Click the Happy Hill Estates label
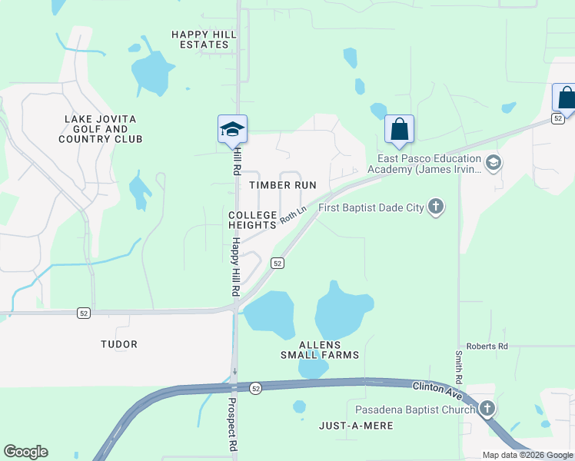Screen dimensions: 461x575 200,39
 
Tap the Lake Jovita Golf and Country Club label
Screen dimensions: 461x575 101,129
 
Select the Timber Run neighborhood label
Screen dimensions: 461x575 283,185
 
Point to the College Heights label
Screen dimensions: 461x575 252,220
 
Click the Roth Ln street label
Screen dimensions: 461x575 293,214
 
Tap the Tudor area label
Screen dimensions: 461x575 119,344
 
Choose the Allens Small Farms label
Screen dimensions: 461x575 319,350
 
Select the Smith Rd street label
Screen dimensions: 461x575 458,367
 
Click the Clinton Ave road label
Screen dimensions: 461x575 435,390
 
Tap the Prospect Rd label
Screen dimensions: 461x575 231,423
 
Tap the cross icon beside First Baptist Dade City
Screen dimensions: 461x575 436,207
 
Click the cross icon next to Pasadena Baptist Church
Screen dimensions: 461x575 487,409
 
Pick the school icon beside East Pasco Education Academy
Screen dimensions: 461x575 494,162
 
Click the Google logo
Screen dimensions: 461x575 25,452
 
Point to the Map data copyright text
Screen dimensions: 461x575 527,455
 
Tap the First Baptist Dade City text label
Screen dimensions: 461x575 371,207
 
